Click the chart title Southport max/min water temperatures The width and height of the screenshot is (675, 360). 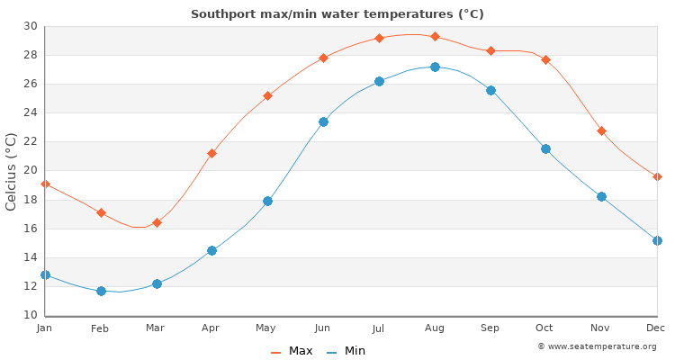pos(337,13)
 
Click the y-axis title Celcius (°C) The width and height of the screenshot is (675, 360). pos(12,171)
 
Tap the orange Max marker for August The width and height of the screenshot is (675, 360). pos(435,36)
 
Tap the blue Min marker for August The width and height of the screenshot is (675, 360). pos(435,67)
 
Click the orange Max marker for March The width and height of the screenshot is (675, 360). pos(157,222)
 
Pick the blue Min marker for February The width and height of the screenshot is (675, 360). pos(101,291)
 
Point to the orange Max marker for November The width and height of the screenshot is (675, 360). pos(601,130)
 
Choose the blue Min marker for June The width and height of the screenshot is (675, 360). pos(323,121)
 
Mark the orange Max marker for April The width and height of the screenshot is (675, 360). pos(211,153)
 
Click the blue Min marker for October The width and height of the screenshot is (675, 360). pos(545,148)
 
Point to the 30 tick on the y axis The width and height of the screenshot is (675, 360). pos(30,26)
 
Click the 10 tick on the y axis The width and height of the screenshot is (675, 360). pos(30,315)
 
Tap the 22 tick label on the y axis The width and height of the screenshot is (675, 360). pos(30,141)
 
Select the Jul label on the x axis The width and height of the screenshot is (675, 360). pos(379,328)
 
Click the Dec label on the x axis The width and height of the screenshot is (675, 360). pos(656,328)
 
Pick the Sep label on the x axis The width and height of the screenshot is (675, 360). pos(490,328)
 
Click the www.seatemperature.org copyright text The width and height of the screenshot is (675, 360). pos(597,346)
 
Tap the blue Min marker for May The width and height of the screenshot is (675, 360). pos(267,201)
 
